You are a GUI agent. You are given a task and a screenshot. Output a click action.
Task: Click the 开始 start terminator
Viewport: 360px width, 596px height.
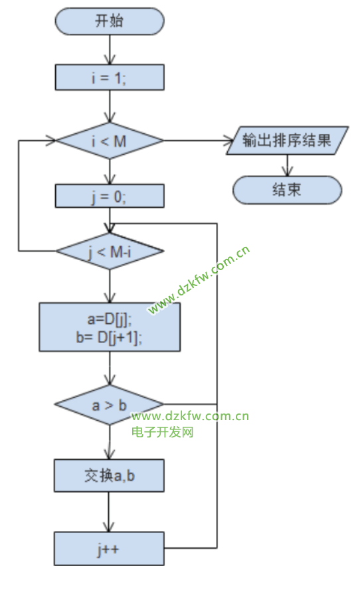tap(110, 21)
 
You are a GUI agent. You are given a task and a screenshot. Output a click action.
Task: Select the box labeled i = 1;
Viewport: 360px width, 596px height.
tap(110, 77)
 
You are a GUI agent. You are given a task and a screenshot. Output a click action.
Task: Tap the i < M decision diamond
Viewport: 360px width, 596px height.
tap(110, 141)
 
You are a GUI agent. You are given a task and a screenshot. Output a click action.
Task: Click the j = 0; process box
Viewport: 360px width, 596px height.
tap(110, 196)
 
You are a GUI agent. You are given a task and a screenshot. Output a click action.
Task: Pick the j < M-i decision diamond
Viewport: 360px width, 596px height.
tap(110, 252)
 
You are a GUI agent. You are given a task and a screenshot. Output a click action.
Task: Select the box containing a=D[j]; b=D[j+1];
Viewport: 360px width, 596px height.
tap(110, 327)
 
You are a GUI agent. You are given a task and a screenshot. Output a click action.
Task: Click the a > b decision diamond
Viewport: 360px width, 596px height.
tap(110, 404)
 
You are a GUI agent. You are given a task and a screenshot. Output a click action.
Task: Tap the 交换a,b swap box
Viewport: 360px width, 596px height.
tap(109, 475)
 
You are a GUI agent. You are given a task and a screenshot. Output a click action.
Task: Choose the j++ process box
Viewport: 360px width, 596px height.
tap(109, 548)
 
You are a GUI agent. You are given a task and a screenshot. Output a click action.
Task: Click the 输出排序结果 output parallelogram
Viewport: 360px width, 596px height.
tap(288, 140)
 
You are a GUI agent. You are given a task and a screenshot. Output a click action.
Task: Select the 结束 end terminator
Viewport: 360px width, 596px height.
tap(288, 190)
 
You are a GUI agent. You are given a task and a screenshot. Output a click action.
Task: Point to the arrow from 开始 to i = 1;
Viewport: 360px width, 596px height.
tap(110, 49)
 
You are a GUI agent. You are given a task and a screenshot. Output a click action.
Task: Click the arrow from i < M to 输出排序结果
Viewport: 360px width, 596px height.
tap(199, 140)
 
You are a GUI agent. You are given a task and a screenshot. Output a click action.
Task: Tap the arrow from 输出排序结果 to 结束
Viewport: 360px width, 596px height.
tap(288, 165)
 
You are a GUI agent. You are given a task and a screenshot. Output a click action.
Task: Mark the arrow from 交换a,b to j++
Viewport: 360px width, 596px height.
tap(109, 512)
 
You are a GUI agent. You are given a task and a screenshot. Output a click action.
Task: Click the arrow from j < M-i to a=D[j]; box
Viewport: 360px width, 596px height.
tap(110, 286)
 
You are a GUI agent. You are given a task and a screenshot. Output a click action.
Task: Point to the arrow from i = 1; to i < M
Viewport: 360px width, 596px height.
tap(110, 106)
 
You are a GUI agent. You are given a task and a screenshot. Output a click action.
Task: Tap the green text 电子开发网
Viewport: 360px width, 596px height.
tap(163, 432)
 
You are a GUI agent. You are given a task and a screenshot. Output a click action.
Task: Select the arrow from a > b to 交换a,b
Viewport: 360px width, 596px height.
tap(110, 441)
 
